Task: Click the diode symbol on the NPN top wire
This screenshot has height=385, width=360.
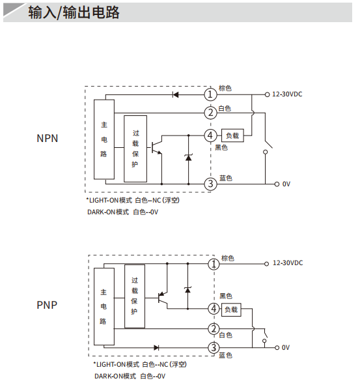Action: [176, 94]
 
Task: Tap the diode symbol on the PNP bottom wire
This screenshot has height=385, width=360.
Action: [156, 348]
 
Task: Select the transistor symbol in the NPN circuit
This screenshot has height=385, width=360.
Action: [156, 147]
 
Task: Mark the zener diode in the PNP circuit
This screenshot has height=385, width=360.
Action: [187, 290]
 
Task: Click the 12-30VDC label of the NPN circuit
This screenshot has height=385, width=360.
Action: [287, 94]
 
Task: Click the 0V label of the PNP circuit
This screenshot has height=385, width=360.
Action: [286, 347]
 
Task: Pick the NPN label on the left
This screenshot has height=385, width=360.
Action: [48, 138]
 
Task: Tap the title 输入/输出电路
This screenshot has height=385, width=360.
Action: [74, 12]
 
